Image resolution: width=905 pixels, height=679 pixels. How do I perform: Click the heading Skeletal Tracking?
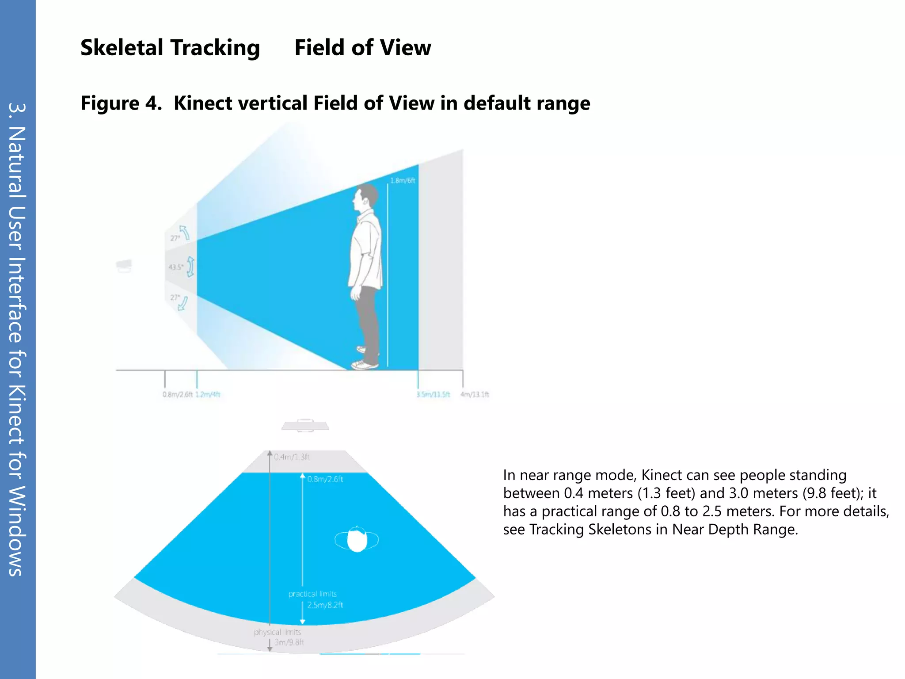[170, 48]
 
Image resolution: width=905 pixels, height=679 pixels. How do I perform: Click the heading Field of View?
[362, 48]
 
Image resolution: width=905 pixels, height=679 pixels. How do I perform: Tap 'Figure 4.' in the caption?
[121, 103]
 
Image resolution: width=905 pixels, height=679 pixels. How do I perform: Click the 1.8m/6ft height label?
[402, 180]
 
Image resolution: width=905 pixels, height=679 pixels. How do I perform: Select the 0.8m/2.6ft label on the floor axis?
[177, 394]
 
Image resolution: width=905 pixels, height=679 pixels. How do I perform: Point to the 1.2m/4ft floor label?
[208, 394]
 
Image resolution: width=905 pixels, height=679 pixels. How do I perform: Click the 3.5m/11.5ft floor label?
[433, 394]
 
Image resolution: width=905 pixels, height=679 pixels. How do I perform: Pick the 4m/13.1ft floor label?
[475, 394]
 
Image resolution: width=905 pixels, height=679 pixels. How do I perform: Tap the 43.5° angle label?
[175, 267]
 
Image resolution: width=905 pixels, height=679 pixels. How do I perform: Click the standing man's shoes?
[365, 363]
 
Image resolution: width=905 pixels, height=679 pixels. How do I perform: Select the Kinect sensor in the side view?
[124, 265]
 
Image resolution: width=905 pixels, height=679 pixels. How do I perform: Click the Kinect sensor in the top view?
[305, 426]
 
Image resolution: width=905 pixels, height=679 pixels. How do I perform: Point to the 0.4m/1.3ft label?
[292, 457]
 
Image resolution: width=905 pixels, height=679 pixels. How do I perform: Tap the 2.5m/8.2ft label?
[325, 605]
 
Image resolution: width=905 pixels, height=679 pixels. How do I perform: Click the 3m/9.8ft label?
[289, 642]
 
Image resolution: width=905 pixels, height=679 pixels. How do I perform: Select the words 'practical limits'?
[312, 594]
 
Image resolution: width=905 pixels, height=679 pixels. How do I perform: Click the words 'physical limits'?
[278, 632]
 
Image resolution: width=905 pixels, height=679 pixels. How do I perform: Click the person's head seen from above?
[357, 540]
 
